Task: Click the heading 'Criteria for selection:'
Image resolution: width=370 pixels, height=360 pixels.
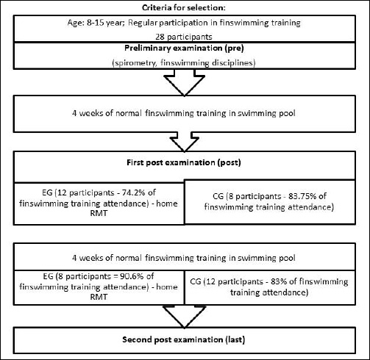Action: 183,7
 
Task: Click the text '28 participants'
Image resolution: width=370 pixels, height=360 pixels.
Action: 184,37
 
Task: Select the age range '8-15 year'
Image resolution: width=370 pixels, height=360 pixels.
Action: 104,23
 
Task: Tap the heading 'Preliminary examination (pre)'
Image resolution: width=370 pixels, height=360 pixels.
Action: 184,48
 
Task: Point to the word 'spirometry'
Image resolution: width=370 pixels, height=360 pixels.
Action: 135,63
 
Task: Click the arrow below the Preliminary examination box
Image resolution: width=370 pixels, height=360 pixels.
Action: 184,82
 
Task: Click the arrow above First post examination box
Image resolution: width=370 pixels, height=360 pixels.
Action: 184,142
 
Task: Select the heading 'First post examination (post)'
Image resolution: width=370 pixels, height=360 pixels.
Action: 184,162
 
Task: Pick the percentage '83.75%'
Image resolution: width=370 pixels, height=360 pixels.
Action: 302,196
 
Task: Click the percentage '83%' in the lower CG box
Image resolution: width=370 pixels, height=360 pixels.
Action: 279,281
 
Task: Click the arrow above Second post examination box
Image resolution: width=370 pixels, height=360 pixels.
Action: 184,316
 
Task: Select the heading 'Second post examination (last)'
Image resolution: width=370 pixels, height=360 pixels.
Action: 184,339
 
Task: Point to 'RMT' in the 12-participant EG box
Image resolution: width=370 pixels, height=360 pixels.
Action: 99,213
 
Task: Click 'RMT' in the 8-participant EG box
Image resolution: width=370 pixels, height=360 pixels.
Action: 99,297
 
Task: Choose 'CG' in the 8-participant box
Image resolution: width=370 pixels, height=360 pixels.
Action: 218,196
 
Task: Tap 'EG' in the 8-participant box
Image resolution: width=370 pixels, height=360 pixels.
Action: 48,276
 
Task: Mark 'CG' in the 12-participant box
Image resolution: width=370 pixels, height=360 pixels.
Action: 196,281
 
